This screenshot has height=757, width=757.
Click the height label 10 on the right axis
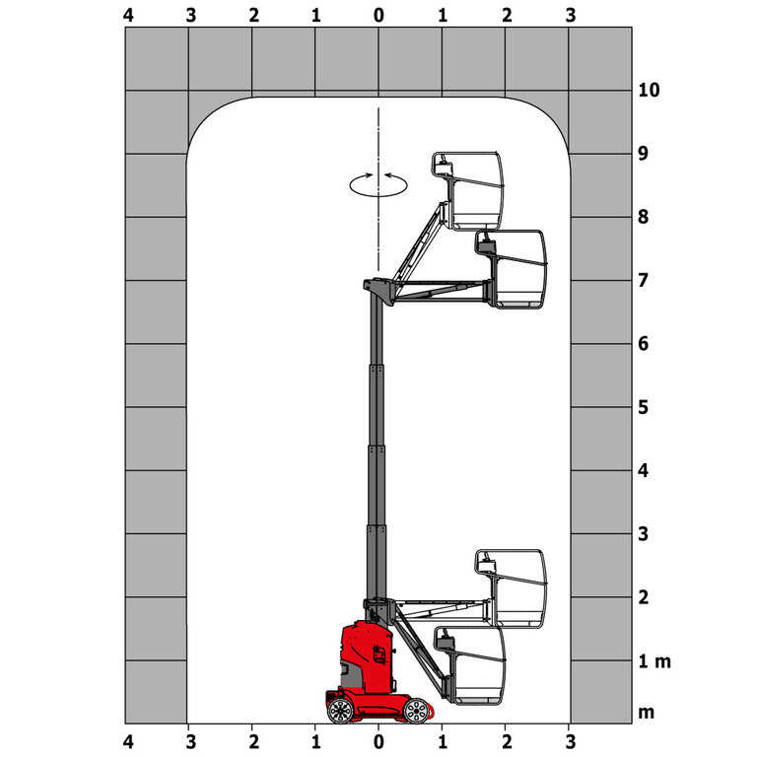[649, 90]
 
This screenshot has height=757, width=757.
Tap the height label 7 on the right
[644, 280]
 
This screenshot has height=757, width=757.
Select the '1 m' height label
[653, 660]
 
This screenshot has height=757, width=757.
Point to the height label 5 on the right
[644, 406]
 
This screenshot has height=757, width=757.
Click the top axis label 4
[127, 15]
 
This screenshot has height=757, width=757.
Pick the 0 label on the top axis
[378, 15]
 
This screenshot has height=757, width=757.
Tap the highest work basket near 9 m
[471, 189]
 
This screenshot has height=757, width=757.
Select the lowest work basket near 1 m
[471, 666]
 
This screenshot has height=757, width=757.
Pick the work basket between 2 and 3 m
[513, 587]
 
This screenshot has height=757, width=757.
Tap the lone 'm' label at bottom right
[646, 712]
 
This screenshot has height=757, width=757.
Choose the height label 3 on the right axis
[644, 533]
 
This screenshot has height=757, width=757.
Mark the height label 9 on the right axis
[644, 153]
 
